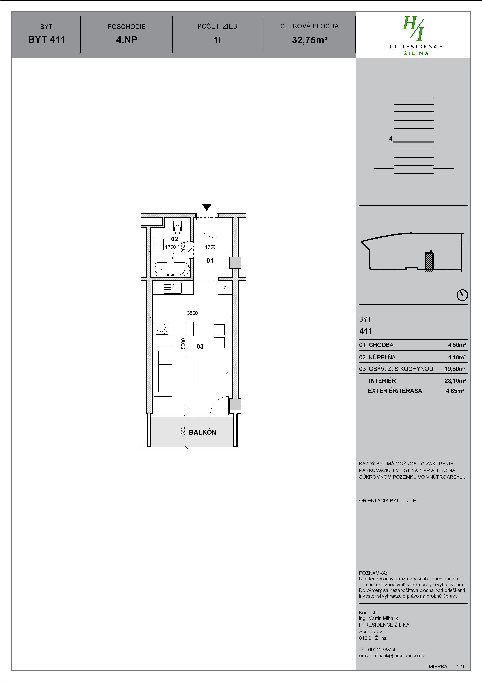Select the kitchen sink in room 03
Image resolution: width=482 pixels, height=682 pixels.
point(172,288)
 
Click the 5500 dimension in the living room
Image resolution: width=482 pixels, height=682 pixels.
point(183,344)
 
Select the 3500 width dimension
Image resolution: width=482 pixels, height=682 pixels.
point(192,313)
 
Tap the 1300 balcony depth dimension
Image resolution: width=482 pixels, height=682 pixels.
point(183,432)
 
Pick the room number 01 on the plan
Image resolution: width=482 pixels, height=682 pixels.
point(210,261)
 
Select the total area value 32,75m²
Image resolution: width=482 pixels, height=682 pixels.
point(310,40)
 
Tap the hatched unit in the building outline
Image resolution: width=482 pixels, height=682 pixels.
point(429,261)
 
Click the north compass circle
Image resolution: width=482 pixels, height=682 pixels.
point(462,295)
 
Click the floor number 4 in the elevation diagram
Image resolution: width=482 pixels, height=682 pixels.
point(391,139)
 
